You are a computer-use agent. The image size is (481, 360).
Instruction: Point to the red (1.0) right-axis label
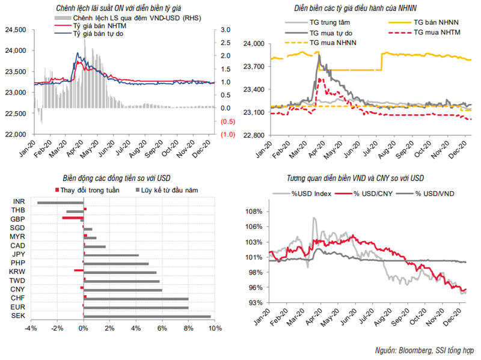pyautogui.click(x=227, y=135)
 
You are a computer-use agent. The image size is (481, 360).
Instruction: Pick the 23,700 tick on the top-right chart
pyautogui.click(x=255, y=67)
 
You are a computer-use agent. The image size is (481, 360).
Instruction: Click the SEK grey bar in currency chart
pyautogui.click(x=147, y=316)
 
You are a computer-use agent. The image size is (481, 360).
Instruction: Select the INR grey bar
pyautogui.click(x=60, y=203)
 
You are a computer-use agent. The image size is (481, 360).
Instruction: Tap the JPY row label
pyautogui.click(x=17, y=254)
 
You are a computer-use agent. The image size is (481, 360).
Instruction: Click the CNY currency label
pyautogui.click(x=17, y=289)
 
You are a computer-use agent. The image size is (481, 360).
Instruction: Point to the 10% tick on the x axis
pyautogui.click(x=215, y=328)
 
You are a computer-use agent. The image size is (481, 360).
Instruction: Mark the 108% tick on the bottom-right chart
pyautogui.click(x=255, y=212)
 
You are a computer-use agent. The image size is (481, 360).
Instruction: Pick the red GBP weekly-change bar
pyautogui.click(x=72, y=218)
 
